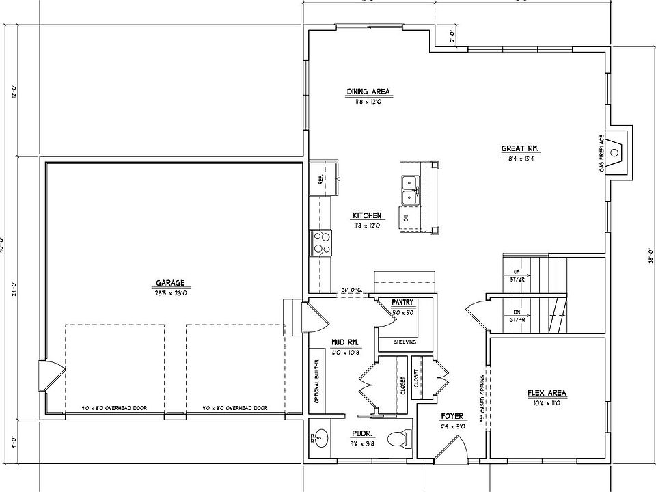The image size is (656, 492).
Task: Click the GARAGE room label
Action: click(x=170, y=284)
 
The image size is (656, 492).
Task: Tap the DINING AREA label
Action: click(x=368, y=92)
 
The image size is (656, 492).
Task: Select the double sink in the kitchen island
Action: click(x=411, y=190)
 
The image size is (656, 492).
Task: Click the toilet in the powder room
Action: click(x=398, y=438)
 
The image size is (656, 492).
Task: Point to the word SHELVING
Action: click(x=405, y=342)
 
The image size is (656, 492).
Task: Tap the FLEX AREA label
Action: click(x=547, y=393)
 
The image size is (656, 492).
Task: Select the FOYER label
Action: click(x=452, y=415)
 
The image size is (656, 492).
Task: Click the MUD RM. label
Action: click(x=345, y=342)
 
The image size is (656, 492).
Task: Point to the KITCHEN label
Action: click(x=367, y=216)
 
